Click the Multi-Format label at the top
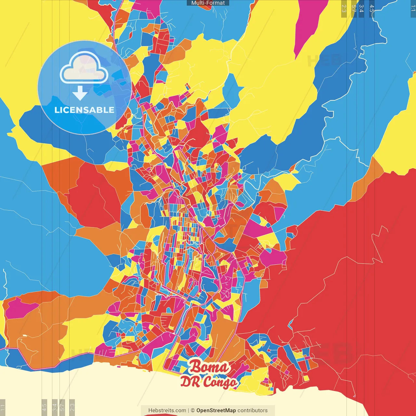tap(208, 3)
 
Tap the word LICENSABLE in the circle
tap(84, 110)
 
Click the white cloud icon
tap(84, 68)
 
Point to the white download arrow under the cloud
tap(80, 93)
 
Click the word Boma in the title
tap(209, 367)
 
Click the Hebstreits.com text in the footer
tap(167, 410)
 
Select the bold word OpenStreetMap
tap(216, 410)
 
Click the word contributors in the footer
tap(253, 410)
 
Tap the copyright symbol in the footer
tap(192, 410)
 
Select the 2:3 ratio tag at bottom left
tap(72, 407)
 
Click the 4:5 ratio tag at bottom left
tap(44, 407)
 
